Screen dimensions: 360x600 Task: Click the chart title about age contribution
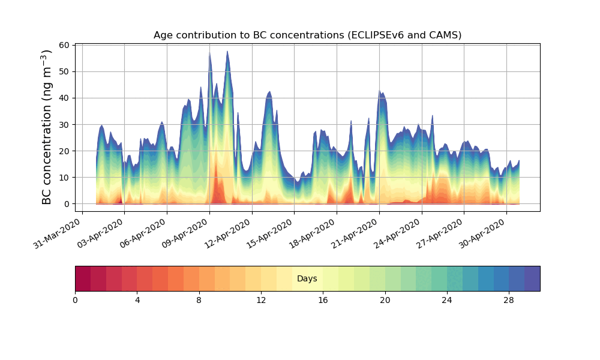pyautogui.click(x=307, y=35)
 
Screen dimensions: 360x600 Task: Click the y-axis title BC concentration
pyautogui.click(x=47, y=127)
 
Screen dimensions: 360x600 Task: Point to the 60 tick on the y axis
pyautogui.click(x=64, y=45)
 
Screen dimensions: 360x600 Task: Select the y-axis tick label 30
pyautogui.click(x=64, y=124)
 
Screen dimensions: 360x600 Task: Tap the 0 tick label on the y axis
pyautogui.click(x=66, y=204)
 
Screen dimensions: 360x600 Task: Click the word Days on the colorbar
pyautogui.click(x=307, y=278)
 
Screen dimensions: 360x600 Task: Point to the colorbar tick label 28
pyautogui.click(x=509, y=300)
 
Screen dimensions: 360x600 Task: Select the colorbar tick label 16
pyautogui.click(x=323, y=300)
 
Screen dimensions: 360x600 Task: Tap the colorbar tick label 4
pyautogui.click(x=137, y=300)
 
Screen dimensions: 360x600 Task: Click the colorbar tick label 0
pyautogui.click(x=75, y=300)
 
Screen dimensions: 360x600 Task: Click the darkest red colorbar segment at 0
pyautogui.click(x=83, y=278)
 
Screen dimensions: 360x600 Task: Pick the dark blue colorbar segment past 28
pyautogui.click(x=532, y=278)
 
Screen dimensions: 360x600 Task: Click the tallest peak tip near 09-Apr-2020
pyautogui.click(x=209, y=52)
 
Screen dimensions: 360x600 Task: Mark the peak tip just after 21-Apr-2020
pyautogui.click(x=380, y=91)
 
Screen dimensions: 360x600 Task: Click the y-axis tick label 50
pyautogui.click(x=64, y=71)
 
